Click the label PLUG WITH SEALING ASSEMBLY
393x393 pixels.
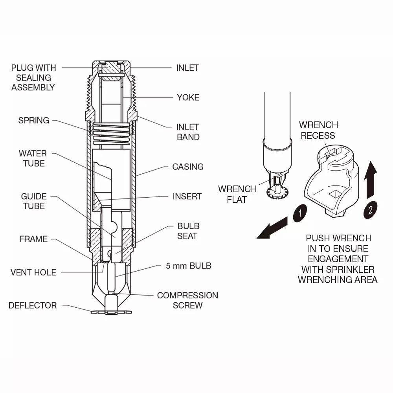[33, 77]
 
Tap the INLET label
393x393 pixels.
[187, 68]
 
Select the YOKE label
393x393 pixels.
[188, 97]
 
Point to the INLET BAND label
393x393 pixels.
[188, 132]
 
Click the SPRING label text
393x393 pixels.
[34, 120]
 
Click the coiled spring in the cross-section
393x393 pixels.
[112, 133]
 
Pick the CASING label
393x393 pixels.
[187, 167]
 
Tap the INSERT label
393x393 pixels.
[187, 196]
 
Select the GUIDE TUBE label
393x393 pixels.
[33, 201]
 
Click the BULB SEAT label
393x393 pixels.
[188, 231]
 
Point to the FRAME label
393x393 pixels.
[33, 239]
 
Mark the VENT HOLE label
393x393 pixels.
[33, 272]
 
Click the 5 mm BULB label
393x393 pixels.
[188, 266]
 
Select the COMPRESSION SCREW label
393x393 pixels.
[187, 300]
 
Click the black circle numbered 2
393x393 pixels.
[370, 210]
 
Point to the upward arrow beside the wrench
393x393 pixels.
[370, 181]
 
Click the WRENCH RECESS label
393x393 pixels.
[318, 130]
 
